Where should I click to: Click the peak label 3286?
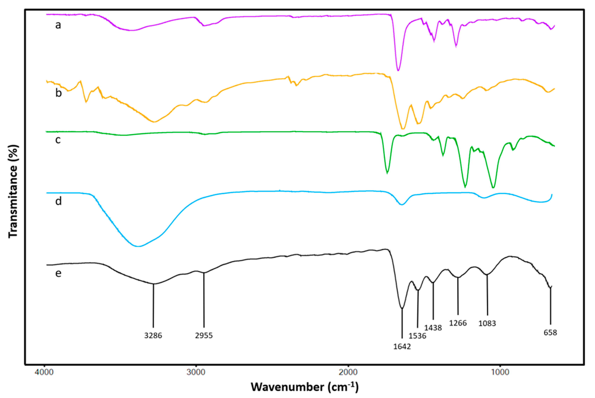click(x=153, y=335)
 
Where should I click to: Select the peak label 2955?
click(x=204, y=335)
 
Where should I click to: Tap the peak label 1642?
click(x=402, y=346)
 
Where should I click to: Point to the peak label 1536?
click(x=418, y=336)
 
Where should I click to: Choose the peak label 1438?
click(x=433, y=328)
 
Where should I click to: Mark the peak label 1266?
click(x=458, y=323)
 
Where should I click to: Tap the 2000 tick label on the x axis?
click(x=348, y=372)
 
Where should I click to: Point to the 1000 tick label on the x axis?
click(x=500, y=372)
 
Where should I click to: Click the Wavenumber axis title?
click(x=305, y=387)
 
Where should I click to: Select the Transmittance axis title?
click(x=13, y=192)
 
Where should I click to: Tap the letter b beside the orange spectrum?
click(x=59, y=93)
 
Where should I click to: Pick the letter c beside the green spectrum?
click(x=58, y=140)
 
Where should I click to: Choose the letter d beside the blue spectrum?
click(x=59, y=201)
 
